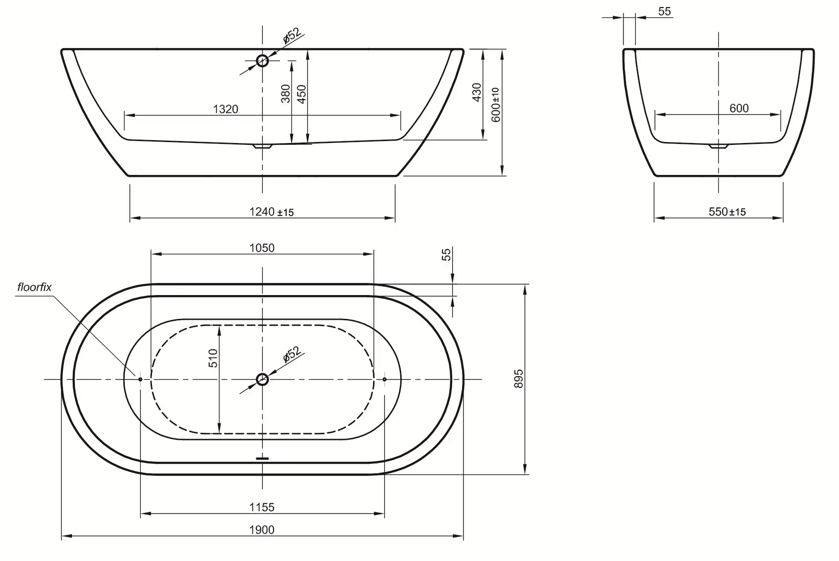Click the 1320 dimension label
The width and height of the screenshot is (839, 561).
tap(225, 109)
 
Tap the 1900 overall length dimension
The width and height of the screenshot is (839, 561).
tap(262, 530)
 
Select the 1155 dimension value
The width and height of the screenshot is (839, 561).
tap(262, 507)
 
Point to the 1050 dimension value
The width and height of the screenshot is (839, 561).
tap(262, 248)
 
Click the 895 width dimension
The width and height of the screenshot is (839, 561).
tap(519, 378)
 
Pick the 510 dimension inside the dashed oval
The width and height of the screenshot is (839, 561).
tap(213, 358)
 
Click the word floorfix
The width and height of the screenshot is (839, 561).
tap(34, 287)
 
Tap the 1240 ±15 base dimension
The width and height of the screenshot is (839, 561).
tap(272, 212)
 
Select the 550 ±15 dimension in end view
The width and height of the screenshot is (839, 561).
tap(727, 212)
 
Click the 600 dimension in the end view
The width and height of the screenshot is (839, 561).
tap(739, 108)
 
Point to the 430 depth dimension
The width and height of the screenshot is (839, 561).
tap(477, 92)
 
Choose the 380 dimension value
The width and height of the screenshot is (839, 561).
tap(285, 93)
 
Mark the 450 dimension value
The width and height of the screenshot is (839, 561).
tap(302, 93)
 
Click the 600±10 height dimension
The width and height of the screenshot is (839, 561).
tap(495, 104)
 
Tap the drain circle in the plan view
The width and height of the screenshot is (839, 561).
tap(263, 379)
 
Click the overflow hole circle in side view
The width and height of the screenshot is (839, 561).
tap(263, 61)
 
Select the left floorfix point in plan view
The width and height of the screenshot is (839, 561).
tap(140, 379)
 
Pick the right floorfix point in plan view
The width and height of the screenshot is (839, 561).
tap(384, 379)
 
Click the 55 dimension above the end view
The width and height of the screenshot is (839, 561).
tap(665, 11)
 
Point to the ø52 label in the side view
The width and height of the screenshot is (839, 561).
tap(292, 36)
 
